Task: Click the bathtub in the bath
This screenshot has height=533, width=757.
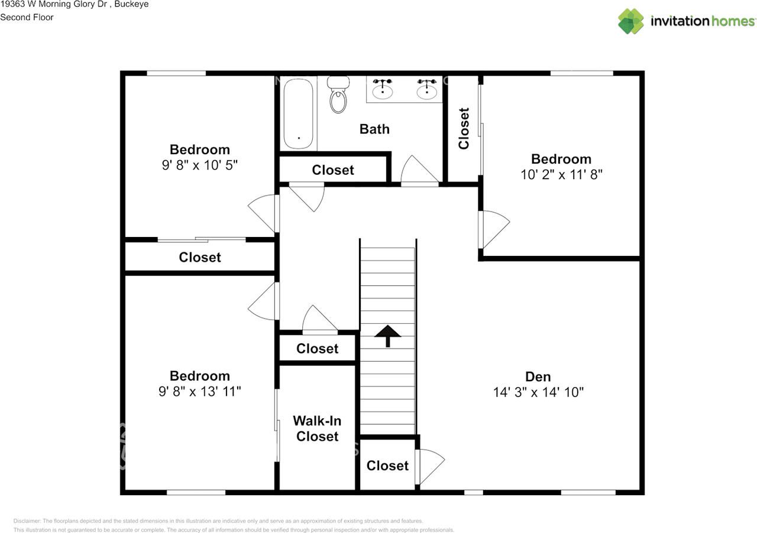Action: coord(299,114)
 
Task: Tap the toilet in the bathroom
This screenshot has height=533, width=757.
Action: coord(338,95)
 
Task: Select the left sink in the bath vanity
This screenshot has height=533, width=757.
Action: coord(383,89)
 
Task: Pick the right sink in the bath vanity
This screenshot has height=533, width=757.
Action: coord(427,89)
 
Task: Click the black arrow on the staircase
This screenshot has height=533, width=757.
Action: coord(387,336)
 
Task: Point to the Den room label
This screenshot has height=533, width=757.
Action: coord(538,376)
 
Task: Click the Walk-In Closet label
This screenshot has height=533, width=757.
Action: coord(318,428)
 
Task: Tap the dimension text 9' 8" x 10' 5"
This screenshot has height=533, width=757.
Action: coord(200,165)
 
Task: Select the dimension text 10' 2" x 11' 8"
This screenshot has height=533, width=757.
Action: coord(561,175)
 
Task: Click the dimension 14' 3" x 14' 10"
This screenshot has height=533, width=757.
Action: coord(538,392)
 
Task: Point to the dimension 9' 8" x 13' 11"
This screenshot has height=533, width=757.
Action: coord(200,391)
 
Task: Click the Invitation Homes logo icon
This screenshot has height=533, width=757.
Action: coord(631,21)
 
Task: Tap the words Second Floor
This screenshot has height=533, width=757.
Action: coord(27,17)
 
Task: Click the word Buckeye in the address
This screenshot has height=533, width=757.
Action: coord(131,4)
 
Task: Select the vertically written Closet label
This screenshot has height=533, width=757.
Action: coord(464,128)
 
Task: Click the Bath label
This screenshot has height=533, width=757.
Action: coord(374,129)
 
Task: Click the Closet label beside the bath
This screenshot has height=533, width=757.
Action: coord(333,170)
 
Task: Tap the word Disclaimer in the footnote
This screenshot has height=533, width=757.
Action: coord(27,521)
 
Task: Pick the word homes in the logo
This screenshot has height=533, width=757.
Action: coord(733,21)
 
